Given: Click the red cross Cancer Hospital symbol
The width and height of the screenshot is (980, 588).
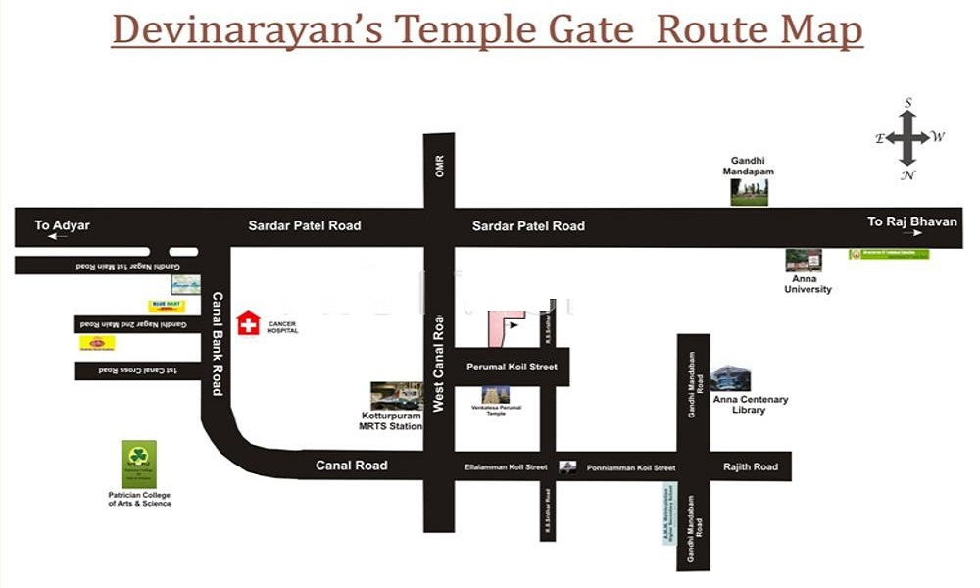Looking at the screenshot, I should point(250,322).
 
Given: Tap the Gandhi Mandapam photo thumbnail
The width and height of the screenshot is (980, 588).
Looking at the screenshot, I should point(749,192).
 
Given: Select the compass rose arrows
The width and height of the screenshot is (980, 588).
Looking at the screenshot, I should point(908,138).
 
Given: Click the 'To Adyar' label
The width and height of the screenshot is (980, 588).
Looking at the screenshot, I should point(63,225).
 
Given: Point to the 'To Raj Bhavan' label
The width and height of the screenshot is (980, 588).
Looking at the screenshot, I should point(911,221).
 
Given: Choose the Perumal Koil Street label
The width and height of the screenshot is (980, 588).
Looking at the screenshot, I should point(512,367).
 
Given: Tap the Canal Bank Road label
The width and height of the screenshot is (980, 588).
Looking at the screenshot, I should point(218,343).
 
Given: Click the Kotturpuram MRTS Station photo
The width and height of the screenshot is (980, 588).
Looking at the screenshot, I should point(396,396).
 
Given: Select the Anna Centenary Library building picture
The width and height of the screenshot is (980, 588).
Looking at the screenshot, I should point(731,378).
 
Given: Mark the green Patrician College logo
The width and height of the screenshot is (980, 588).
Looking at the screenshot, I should point(139,464).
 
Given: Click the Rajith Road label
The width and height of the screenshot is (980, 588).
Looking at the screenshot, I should point(751,467).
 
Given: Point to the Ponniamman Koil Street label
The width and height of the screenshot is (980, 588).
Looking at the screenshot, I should point(631,468).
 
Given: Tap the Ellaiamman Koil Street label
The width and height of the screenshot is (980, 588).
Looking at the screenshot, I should point(506,467).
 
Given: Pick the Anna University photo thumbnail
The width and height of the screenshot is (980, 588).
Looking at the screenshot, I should point(804,261).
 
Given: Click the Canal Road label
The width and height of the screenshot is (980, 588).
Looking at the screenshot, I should point(352,465).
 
